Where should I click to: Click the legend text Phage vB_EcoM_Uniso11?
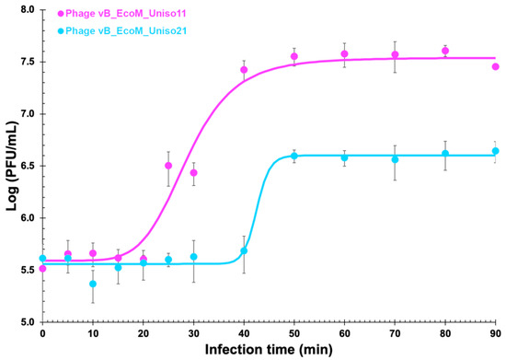(x=123, y=15)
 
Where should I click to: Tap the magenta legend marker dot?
(x=61, y=15)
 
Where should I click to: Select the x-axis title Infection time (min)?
(x=269, y=351)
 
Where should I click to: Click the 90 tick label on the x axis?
(x=496, y=332)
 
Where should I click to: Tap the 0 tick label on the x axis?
(x=42, y=332)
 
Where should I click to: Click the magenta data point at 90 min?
(x=496, y=66)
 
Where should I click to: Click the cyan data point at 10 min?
(x=93, y=285)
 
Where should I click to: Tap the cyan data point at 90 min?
(x=496, y=151)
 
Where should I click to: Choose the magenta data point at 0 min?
(x=42, y=268)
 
